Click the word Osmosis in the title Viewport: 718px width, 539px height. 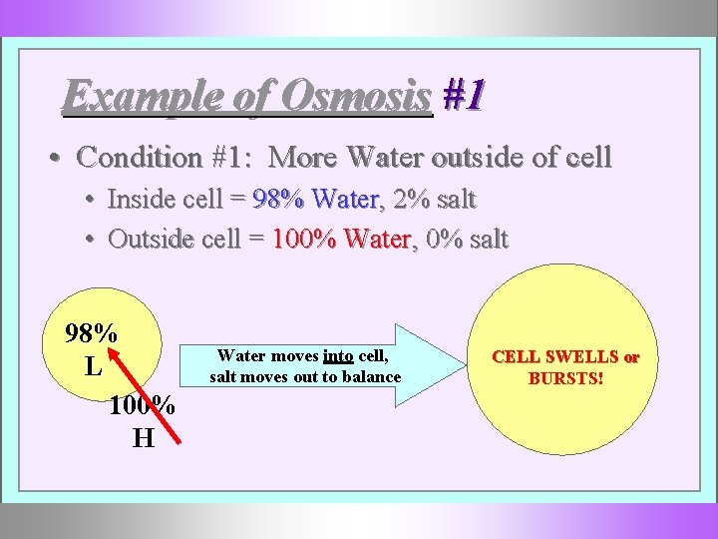(357, 96)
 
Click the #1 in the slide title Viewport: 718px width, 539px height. (464, 96)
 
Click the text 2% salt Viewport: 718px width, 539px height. (435, 200)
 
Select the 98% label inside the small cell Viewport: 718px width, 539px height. (91, 333)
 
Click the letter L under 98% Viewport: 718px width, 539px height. (93, 366)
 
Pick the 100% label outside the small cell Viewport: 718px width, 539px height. (143, 406)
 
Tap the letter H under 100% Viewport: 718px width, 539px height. (143, 438)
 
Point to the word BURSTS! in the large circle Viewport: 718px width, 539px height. (565, 378)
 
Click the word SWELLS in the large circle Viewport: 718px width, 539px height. (580, 357)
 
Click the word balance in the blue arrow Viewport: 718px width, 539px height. (370, 377)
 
